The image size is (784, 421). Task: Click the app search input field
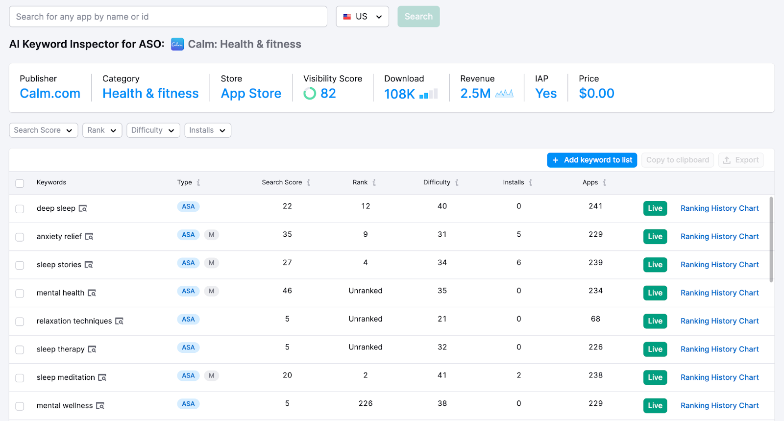click(x=168, y=17)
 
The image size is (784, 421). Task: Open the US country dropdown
click(x=362, y=17)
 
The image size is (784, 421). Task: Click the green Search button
click(x=418, y=17)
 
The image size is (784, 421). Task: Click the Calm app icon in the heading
click(x=177, y=45)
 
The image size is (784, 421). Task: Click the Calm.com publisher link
click(x=50, y=94)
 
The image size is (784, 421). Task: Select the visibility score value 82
click(x=328, y=94)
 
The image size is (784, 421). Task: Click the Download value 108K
click(x=399, y=94)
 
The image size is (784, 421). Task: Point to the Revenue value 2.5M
click(x=475, y=94)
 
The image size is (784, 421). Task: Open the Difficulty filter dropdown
click(x=153, y=130)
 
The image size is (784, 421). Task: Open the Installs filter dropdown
click(x=207, y=130)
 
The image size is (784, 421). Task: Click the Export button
click(x=740, y=160)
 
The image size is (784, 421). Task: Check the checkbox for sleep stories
click(x=20, y=265)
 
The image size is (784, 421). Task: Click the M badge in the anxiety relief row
click(x=211, y=235)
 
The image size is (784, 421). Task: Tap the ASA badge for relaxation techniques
click(x=188, y=320)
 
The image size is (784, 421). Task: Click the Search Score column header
click(x=282, y=182)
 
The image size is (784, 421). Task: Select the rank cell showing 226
click(x=365, y=403)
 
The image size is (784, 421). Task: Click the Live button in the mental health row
click(x=655, y=293)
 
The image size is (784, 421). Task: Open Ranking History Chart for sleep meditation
click(x=719, y=377)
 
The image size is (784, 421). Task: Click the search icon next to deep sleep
click(x=83, y=209)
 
